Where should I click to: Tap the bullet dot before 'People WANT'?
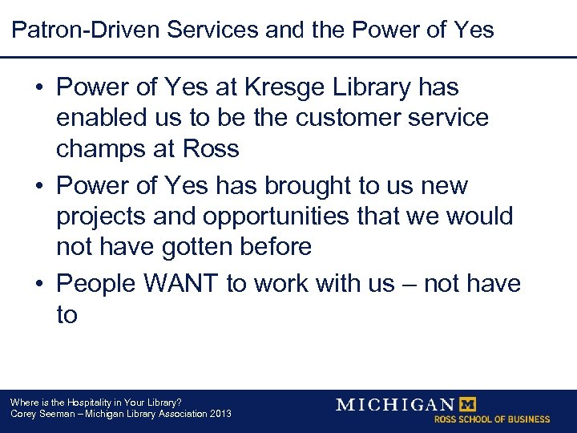(x=40, y=284)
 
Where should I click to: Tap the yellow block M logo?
(x=466, y=404)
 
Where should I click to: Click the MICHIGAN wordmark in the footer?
(x=394, y=404)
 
